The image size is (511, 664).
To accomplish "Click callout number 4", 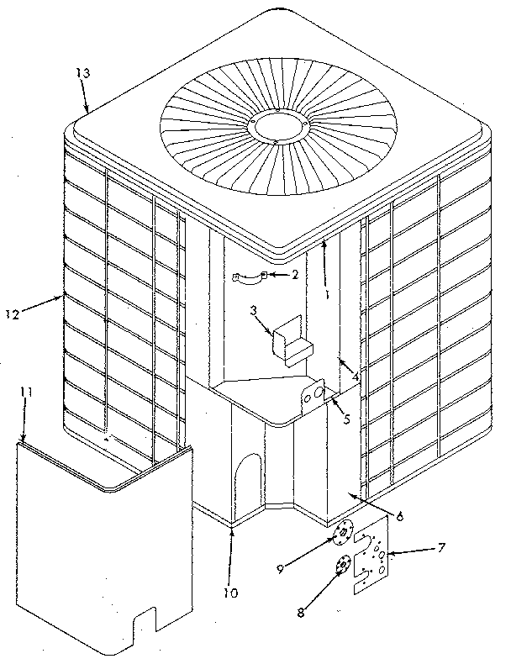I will (x=356, y=379).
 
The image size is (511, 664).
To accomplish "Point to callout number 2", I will (x=294, y=274).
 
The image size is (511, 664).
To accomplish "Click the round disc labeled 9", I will (x=343, y=533).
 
